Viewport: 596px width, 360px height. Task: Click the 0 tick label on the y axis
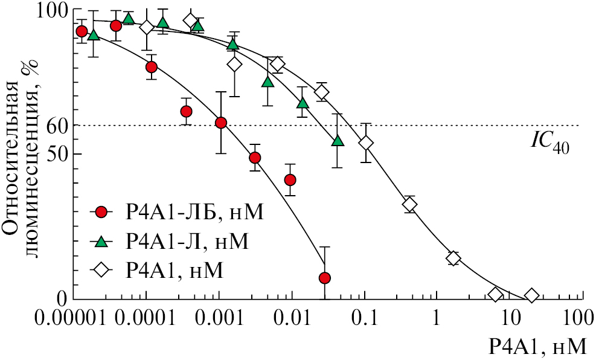62,299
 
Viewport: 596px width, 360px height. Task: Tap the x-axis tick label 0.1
366,318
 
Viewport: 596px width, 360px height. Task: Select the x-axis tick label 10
510,318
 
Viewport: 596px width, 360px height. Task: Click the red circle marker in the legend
101,212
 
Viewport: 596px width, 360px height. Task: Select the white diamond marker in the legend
101,271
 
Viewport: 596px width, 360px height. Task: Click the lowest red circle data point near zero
325,278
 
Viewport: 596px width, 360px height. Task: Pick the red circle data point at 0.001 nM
221,123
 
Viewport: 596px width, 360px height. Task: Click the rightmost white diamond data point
532,295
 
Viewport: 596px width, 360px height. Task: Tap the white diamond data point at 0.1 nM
366,143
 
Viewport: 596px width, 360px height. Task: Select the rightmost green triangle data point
338,141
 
